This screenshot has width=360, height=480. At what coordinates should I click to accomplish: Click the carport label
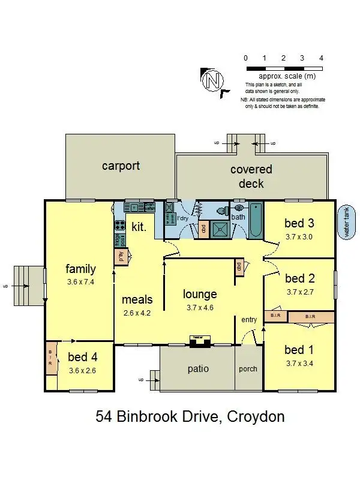point(121,166)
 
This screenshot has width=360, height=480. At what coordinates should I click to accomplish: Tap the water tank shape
point(346,223)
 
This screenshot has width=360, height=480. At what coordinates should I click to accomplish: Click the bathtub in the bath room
point(256,222)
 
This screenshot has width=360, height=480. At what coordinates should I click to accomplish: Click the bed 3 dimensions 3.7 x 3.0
point(300,236)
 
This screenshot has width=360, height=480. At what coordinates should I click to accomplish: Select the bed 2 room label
point(300,278)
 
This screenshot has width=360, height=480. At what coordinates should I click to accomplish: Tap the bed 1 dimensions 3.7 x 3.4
point(300,363)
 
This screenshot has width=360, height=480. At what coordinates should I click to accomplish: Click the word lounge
point(200,295)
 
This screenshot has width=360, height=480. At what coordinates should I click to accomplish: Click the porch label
point(248,369)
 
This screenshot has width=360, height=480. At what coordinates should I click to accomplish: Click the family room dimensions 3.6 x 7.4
point(81,281)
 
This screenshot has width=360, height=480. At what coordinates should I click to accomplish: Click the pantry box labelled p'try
point(119,257)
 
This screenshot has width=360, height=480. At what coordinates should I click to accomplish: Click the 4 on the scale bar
point(322,58)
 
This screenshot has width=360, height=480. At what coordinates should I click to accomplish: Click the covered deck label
point(251,176)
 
